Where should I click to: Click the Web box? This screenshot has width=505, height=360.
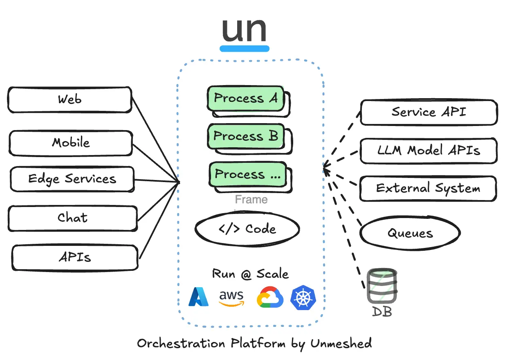coord(70,99)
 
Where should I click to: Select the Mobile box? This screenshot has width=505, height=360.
coord(71,143)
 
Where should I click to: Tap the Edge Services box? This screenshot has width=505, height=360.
coord(72,179)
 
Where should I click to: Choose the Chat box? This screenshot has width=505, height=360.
coord(72,218)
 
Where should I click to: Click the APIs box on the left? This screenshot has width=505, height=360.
coord(75,257)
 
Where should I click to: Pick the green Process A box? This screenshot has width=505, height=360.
coord(245,98)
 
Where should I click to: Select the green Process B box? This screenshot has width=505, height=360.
coord(245,136)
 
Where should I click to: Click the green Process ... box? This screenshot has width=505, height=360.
coord(247,174)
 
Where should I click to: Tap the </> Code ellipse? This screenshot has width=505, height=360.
coord(247,229)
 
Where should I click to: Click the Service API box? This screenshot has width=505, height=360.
coord(429,112)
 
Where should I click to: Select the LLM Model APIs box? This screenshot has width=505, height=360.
coord(429,150)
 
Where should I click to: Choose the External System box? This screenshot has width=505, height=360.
coord(428,189)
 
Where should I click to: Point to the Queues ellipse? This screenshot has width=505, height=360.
coord(410,234)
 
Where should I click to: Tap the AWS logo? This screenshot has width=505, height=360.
coord(231,298)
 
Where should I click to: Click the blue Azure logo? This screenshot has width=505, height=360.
coord(199,297)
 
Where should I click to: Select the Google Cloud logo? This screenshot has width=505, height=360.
coord(270,297)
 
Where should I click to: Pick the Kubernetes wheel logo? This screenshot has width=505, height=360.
coord(303,297)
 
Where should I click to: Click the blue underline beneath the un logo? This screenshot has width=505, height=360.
coord(245,49)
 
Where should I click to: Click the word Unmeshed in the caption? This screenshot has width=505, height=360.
coord(341,343)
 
